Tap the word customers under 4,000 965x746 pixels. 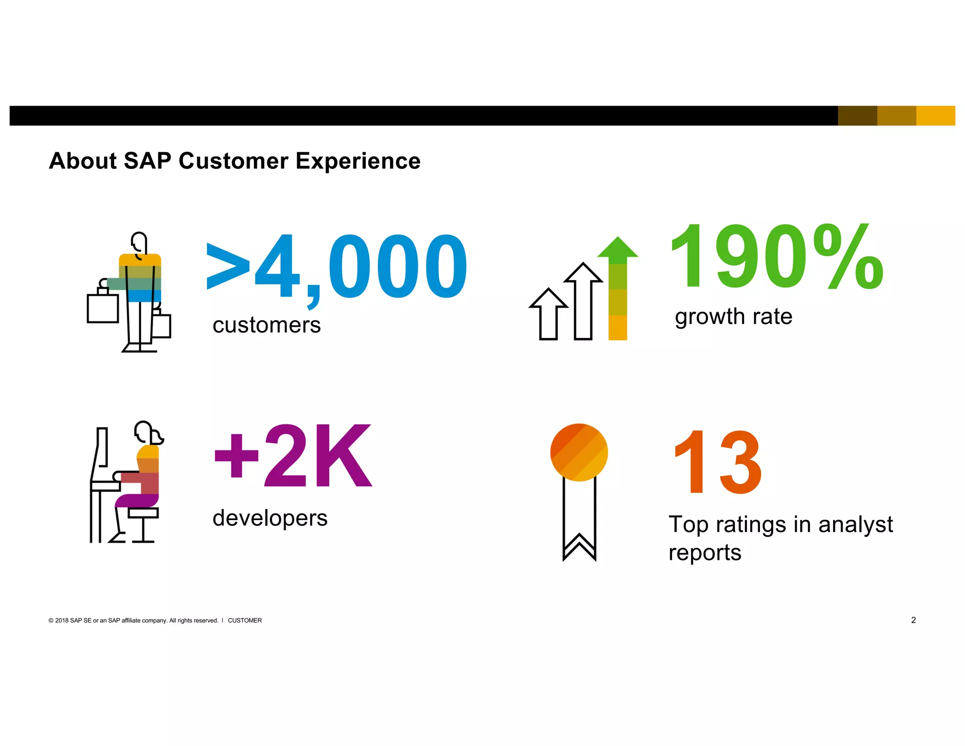click(x=267, y=325)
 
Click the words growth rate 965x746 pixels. click(x=733, y=316)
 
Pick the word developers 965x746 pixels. click(x=270, y=518)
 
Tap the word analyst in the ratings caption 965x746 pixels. click(x=855, y=525)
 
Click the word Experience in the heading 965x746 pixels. click(x=358, y=161)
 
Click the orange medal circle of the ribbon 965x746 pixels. click(x=579, y=452)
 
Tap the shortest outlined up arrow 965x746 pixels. click(x=548, y=315)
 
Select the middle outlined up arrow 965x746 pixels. click(x=583, y=302)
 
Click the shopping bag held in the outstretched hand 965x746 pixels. click(x=103, y=308)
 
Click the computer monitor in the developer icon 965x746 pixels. click(x=100, y=453)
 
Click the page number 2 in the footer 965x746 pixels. click(x=913, y=620)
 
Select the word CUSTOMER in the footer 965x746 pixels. click(x=245, y=621)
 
